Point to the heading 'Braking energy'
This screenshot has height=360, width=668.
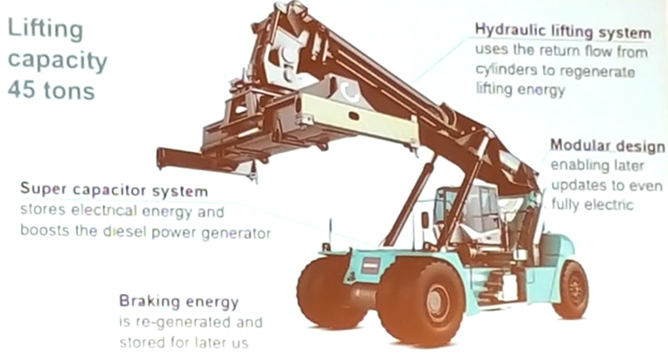pyautogui.click(x=179, y=302)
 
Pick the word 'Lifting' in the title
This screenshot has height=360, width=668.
pyautogui.click(x=45, y=31)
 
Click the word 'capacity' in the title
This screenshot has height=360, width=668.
pyautogui.click(x=57, y=61)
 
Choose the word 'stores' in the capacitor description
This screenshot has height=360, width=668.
pyautogui.click(x=41, y=212)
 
